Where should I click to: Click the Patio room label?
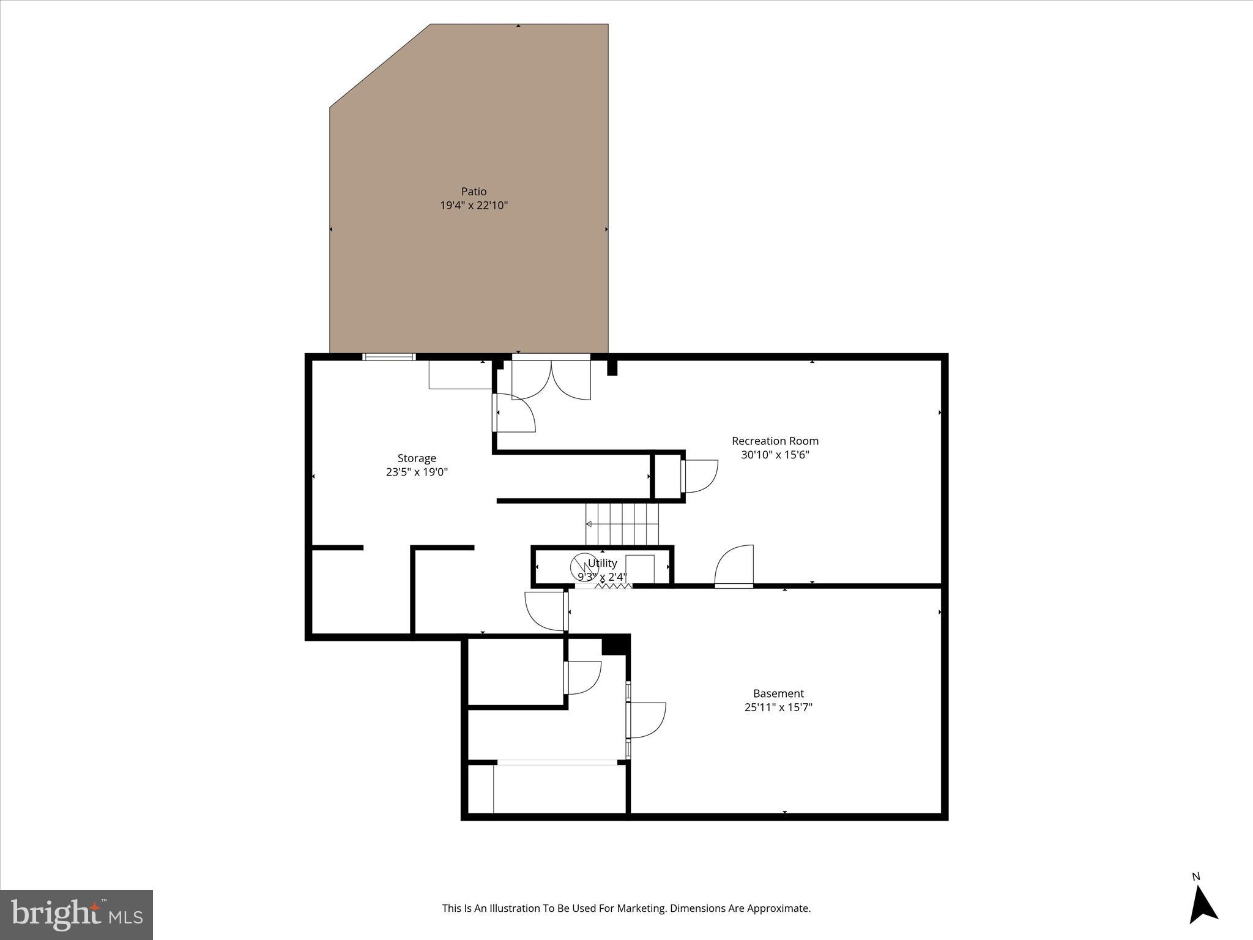click(x=474, y=192)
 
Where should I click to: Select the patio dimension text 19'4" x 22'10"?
click(x=474, y=206)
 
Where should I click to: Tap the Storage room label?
click(x=417, y=458)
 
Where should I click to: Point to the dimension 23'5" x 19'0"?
click(x=417, y=472)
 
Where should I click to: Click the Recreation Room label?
click(x=775, y=441)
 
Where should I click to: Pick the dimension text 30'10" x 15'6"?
click(x=775, y=455)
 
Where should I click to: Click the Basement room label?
click(x=778, y=693)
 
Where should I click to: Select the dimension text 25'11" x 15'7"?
click(x=778, y=707)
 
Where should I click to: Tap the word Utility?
click(x=602, y=563)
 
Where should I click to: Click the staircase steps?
click(x=622, y=524)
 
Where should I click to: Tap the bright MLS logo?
click(x=76, y=914)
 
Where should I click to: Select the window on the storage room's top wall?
click(x=389, y=357)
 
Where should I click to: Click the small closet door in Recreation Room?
click(x=699, y=476)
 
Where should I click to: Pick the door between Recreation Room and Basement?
click(x=734, y=567)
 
